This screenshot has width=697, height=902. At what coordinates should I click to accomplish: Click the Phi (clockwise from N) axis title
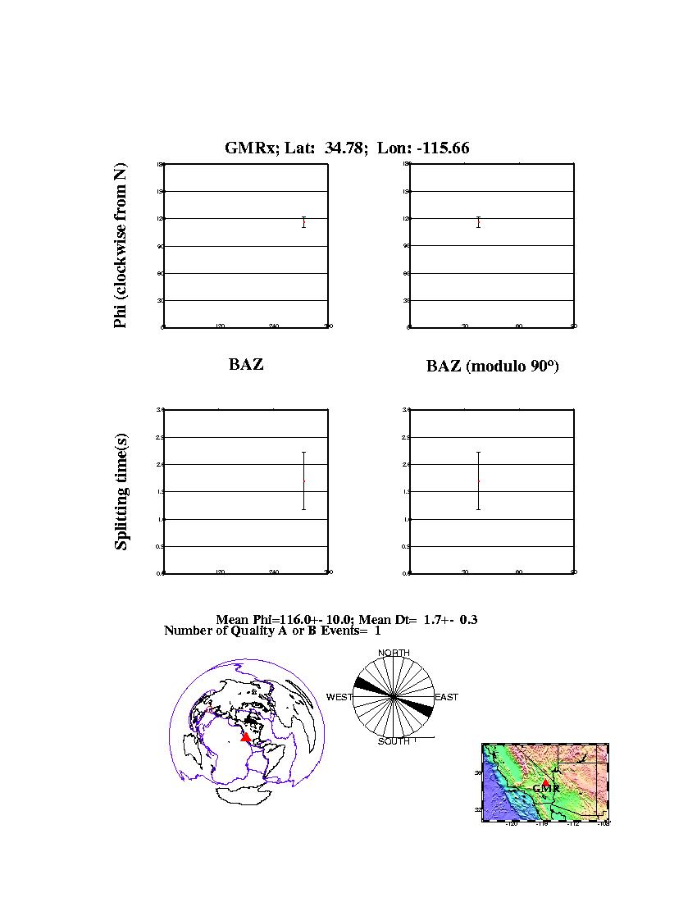point(121,246)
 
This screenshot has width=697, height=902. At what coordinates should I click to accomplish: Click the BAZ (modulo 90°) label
point(492,367)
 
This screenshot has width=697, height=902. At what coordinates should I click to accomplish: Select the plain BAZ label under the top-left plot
point(246,365)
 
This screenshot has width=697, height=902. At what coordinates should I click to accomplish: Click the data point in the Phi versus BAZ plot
point(303,222)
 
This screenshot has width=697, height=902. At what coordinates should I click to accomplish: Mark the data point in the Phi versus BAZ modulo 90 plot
point(478,222)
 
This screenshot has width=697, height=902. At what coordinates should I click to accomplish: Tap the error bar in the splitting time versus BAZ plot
point(303,481)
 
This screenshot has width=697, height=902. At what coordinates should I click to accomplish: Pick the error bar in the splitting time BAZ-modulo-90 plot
point(478,481)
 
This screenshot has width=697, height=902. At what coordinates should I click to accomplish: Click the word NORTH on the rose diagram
point(394,654)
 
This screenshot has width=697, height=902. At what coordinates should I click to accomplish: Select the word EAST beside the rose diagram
point(446,698)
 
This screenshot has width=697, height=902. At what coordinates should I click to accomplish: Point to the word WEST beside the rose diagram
point(339,698)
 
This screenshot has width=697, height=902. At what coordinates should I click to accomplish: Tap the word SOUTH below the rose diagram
point(394,742)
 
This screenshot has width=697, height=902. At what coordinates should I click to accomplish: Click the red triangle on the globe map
point(246,737)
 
